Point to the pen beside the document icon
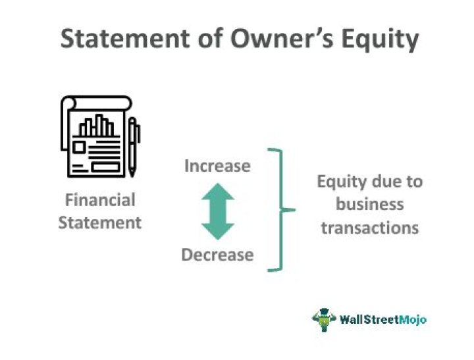click(134, 147)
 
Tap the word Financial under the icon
click(99, 200)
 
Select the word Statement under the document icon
click(99, 222)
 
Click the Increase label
click(217, 166)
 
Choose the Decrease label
click(217, 255)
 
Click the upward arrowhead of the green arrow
click(217, 193)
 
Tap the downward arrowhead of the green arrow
click(217, 230)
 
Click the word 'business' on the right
click(369, 204)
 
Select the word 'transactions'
click(369, 227)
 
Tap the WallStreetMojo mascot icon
click(324, 319)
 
